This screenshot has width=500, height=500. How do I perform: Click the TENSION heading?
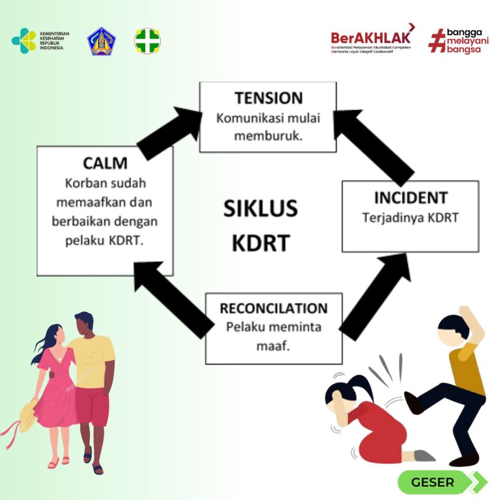click(269, 98)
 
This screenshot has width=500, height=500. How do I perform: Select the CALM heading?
click(105, 163)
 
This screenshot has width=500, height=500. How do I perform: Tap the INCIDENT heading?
click(411, 198)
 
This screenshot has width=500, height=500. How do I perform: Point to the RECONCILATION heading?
click(273, 309)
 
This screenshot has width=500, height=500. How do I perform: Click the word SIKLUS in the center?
click(261, 208)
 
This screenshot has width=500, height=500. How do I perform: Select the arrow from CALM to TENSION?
click(169, 132)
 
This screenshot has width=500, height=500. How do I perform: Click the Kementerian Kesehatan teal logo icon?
click(24, 41)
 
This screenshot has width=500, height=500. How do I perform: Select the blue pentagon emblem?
click(102, 42)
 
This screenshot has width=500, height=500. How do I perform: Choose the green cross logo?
click(147, 41)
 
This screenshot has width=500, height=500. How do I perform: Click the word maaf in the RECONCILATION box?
click(273, 346)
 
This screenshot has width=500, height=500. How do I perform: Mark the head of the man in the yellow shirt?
click(84, 323)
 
